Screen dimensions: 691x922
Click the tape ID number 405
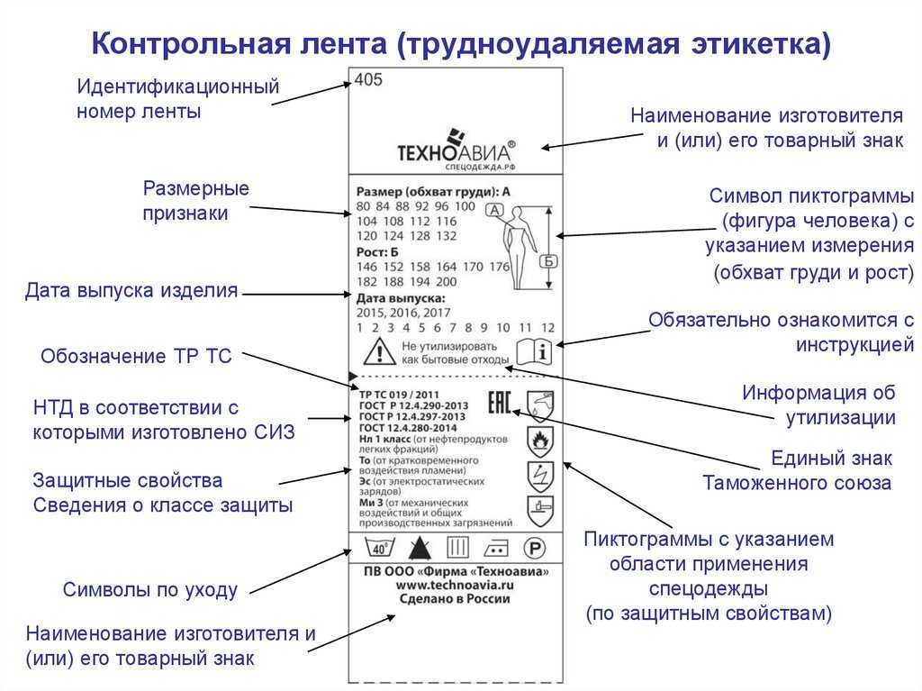[368, 79]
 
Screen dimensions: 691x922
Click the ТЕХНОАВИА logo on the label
[456, 150]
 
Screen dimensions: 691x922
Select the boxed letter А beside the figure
[493, 210]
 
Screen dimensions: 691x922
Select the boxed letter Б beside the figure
[547, 262]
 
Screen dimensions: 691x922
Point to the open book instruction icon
[533, 350]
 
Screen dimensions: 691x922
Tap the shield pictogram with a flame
[539, 440]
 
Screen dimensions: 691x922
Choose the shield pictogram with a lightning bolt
[539, 476]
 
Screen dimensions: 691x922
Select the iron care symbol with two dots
[496, 548]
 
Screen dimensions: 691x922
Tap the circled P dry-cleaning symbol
[535, 548]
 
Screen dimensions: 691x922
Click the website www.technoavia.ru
[456, 586]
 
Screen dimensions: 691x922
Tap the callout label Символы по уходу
[150, 590]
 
